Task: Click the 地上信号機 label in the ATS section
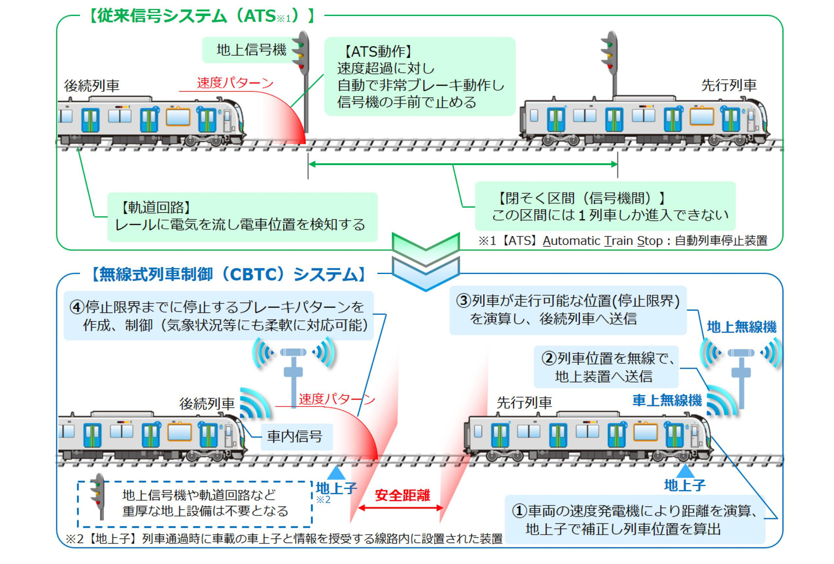[251, 50]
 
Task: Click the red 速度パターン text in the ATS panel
[235, 83]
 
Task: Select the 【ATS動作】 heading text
[377, 51]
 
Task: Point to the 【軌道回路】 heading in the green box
[156, 207]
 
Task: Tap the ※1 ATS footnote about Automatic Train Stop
[622, 240]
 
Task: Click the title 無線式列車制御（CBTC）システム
[228, 274]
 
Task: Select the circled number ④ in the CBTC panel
[77, 307]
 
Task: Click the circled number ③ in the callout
[463, 301]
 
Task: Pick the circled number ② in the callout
[549, 358]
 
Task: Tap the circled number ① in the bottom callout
[520, 511]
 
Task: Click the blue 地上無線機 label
[741, 327]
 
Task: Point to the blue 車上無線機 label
[667, 400]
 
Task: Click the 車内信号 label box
[295, 436]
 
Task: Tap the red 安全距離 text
[402, 495]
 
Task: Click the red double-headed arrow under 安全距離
[400, 508]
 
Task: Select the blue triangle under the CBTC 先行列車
[685, 471]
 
